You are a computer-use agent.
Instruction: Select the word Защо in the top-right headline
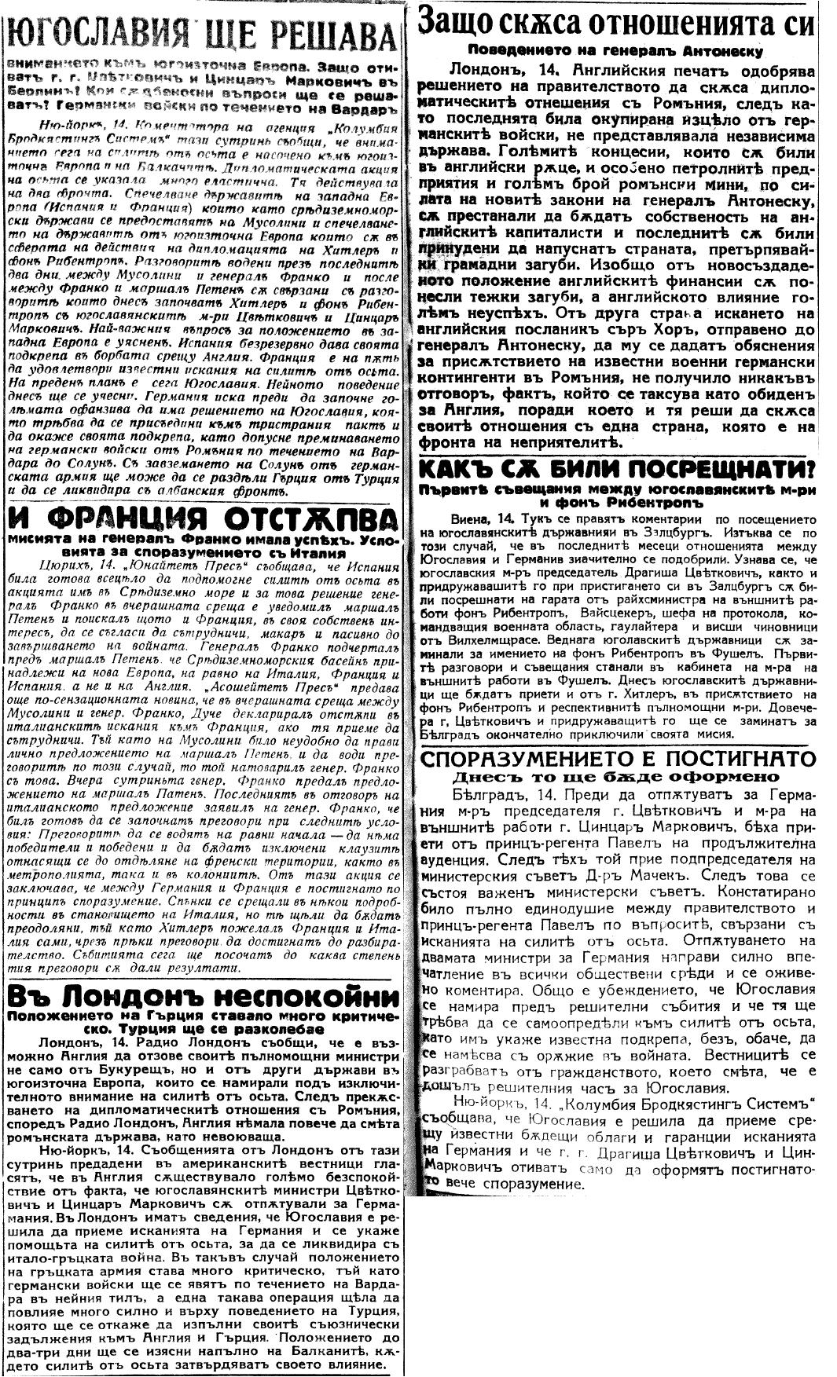coord(459,21)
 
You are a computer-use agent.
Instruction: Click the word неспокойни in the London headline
coord(291,997)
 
